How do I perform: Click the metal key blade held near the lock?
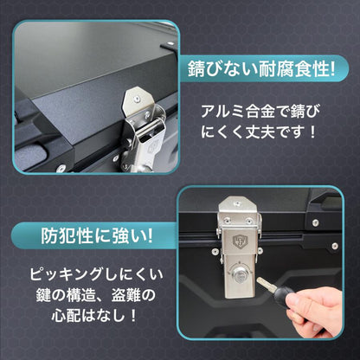coord(267,284)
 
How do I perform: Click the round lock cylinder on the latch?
coord(239,275)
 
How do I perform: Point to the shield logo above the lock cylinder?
coord(239,241)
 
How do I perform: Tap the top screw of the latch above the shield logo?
coord(237,204)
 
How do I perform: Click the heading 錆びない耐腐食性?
coord(261,69)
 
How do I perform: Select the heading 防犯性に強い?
coord(97,236)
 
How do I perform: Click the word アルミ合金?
coord(237,111)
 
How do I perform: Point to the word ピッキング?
coord(66,274)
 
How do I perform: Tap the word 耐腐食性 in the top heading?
coord(293,69)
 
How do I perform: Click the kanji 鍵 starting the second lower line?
coord(43,295)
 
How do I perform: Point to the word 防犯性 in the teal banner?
coord(67,236)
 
